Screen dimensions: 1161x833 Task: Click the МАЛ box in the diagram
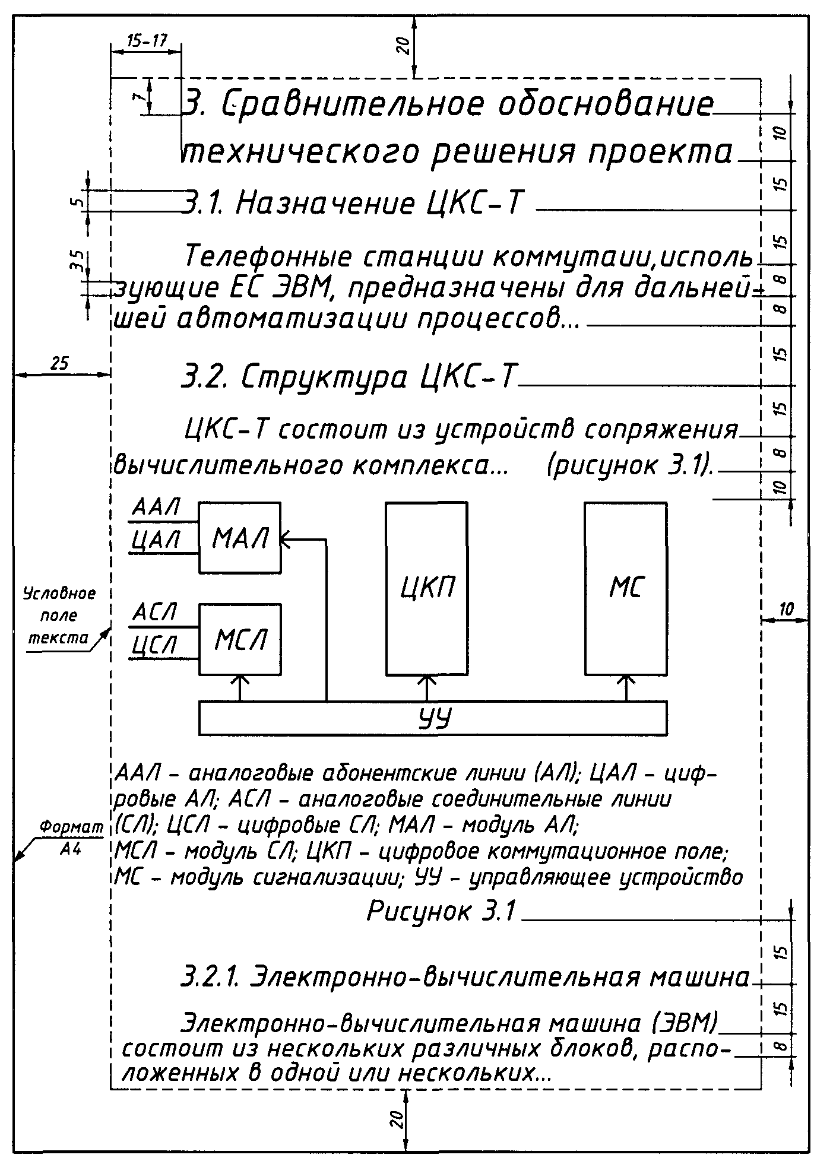pyautogui.click(x=239, y=537)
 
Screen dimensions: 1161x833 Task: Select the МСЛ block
pyautogui.click(x=240, y=639)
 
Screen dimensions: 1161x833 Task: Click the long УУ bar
pyautogui.click(x=432, y=718)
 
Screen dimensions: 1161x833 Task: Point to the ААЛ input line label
pyautogui.click(x=156, y=508)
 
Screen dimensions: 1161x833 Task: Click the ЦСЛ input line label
pyautogui.click(x=153, y=645)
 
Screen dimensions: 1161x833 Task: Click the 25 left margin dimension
pyautogui.click(x=59, y=363)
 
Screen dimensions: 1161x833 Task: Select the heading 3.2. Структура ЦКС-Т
pyautogui.click(x=349, y=377)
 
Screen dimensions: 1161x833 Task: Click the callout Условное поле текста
pyautogui.click(x=59, y=616)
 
